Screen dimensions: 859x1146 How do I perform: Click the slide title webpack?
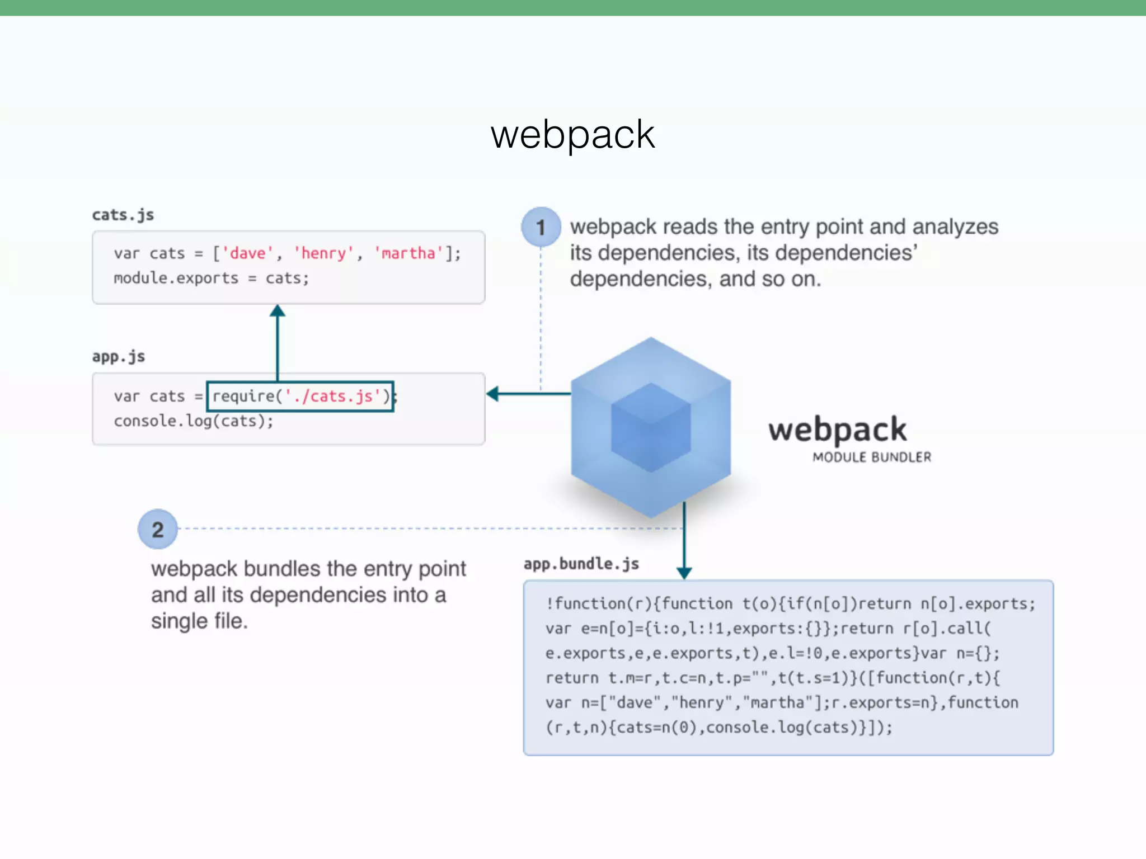tap(572, 135)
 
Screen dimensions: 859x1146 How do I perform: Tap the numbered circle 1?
tap(541, 227)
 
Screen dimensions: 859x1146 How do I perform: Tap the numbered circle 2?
tap(158, 529)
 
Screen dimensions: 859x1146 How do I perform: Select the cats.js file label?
tap(123, 215)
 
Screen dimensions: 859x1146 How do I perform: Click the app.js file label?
tap(119, 356)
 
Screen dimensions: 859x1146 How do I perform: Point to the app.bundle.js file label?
tap(581, 564)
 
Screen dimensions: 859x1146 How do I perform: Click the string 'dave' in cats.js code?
tap(248, 253)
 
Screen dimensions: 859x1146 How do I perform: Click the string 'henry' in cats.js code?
tap(324, 253)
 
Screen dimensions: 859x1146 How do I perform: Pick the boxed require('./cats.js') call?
tap(300, 396)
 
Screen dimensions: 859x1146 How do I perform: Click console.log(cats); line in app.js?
tap(194, 421)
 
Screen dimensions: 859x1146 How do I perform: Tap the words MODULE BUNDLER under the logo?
tap(872, 457)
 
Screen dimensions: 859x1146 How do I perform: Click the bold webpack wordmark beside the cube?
tap(837, 430)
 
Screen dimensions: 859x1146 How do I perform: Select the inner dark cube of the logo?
tap(651, 428)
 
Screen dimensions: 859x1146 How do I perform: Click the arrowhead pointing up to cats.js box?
tap(278, 311)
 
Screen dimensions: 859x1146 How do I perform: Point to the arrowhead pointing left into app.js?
tap(493, 394)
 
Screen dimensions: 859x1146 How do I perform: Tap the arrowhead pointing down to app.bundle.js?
tap(684, 573)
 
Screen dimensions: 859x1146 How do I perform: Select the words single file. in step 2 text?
tap(199, 621)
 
